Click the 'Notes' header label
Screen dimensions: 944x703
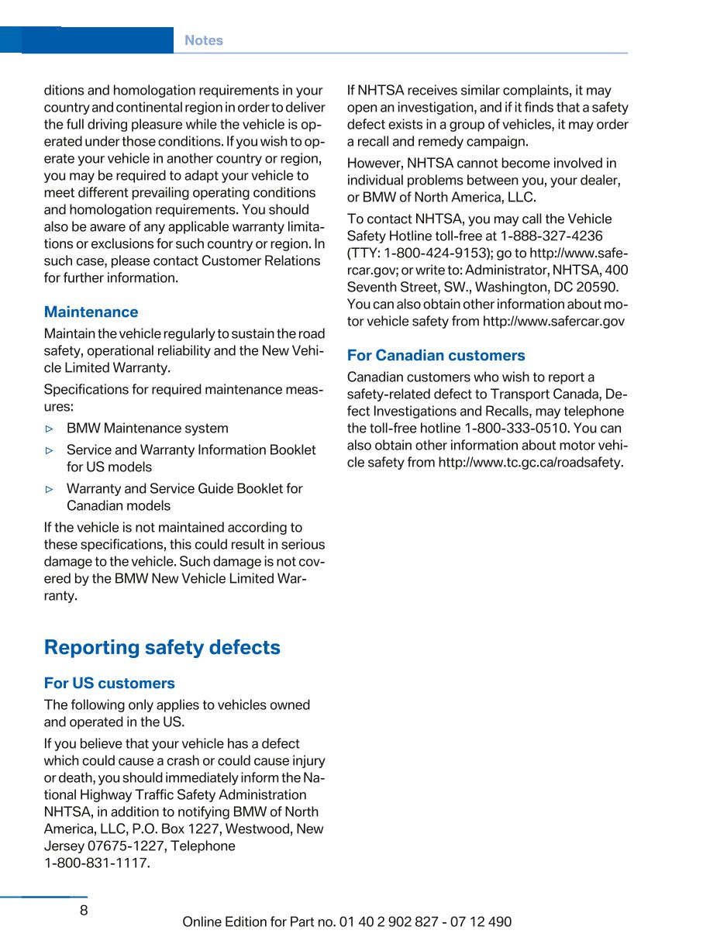click(203, 40)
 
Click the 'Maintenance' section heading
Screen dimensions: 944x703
click(91, 312)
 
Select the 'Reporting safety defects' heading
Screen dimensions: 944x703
click(162, 647)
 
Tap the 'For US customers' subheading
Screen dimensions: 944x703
click(109, 683)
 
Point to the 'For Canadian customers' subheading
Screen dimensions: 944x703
click(436, 355)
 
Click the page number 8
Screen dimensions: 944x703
click(84, 911)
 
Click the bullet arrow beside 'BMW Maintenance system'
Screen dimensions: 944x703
click(50, 429)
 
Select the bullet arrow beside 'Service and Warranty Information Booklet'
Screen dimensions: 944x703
click(50, 450)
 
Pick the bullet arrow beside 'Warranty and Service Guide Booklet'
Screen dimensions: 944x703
click(50, 489)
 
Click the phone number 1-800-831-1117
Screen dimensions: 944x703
click(97, 863)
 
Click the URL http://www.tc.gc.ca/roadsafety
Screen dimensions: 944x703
click(530, 462)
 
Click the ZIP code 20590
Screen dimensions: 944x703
click(598, 287)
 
